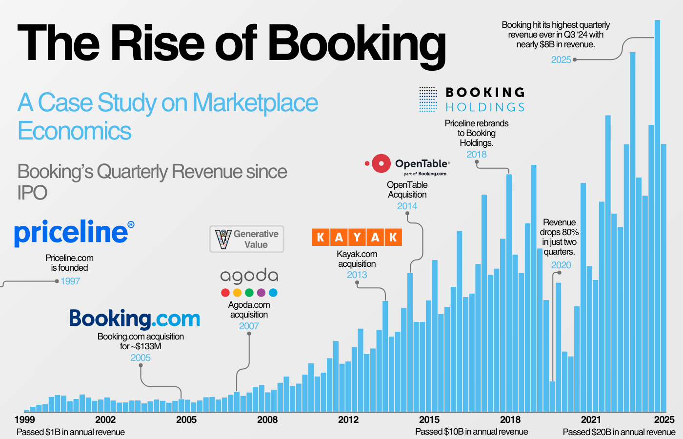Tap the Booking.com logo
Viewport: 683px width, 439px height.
(135, 319)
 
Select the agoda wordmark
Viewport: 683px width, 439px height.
(249, 276)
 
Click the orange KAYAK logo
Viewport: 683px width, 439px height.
(357, 237)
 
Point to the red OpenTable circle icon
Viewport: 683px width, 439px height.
(381, 164)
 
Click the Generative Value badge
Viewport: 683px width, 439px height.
(247, 239)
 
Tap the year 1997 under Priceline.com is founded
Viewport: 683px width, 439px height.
(70, 281)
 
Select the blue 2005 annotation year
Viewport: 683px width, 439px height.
(141, 358)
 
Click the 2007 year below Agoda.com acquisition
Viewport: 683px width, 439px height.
(249, 326)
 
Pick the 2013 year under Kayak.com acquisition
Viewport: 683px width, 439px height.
(357, 275)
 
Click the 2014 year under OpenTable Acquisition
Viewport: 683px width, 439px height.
(407, 206)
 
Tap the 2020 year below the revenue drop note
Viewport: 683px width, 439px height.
(561, 265)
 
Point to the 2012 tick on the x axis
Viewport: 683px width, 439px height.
(348, 419)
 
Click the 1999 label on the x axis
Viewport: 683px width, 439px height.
(24, 419)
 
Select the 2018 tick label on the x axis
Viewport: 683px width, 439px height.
(510, 419)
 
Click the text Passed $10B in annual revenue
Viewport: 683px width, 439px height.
(471, 432)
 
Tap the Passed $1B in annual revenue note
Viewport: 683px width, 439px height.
(71, 432)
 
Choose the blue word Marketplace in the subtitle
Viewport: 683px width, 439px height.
(255, 103)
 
